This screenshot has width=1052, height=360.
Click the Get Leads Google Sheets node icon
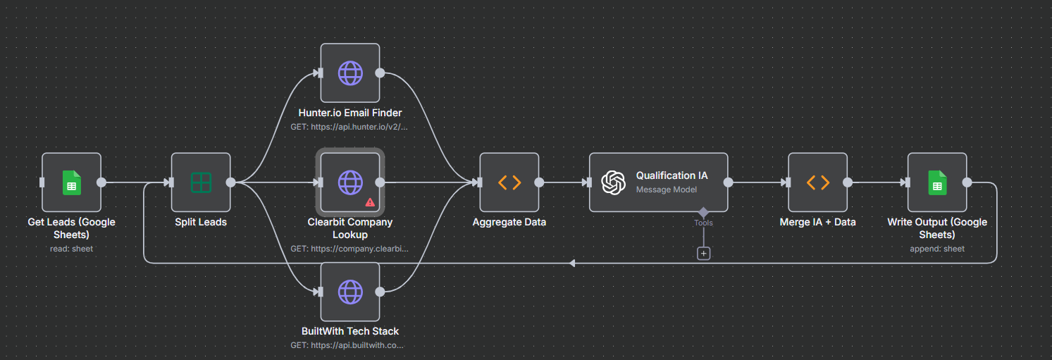click(x=71, y=182)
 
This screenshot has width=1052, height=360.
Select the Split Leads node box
click(x=201, y=182)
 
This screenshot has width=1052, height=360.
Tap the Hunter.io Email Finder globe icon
click(x=350, y=73)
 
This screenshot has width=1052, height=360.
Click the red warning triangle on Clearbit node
click(x=370, y=202)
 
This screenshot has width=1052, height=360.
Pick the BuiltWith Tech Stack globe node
click(x=350, y=292)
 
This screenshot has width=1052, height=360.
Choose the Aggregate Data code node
click(x=509, y=182)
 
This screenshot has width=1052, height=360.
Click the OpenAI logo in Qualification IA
click(x=613, y=182)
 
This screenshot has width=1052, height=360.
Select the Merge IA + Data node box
click(x=817, y=182)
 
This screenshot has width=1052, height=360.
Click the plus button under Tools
click(x=703, y=253)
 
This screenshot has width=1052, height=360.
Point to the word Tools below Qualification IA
click(x=703, y=223)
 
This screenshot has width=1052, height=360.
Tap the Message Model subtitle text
click(x=667, y=190)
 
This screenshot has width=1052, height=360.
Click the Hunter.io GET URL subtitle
click(x=349, y=128)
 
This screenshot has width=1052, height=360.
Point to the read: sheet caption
click(x=71, y=249)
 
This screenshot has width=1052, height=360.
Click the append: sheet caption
click(x=937, y=249)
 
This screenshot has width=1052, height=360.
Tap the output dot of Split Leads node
click(x=230, y=182)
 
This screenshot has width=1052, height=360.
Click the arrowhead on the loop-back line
click(x=572, y=263)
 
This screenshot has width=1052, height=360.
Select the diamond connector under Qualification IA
click(x=703, y=212)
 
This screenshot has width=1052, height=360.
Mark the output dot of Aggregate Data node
click(x=539, y=182)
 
